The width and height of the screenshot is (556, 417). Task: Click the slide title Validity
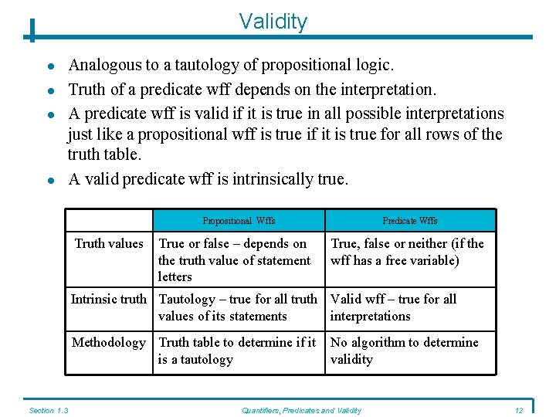273,21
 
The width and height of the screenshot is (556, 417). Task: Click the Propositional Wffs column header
239,221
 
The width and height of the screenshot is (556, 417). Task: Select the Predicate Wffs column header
409,221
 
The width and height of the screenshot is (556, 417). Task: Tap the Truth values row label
109,244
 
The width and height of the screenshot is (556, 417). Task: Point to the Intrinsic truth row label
109,300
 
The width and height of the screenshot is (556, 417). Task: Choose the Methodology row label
109,343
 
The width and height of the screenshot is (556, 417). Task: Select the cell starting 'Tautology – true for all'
237,307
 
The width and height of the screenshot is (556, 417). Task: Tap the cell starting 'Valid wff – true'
393,307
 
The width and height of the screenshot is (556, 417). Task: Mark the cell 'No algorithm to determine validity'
404,351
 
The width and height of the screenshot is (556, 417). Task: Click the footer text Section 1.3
48,410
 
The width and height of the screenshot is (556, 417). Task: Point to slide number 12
518,410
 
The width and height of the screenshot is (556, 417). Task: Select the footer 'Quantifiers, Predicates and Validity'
301,410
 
